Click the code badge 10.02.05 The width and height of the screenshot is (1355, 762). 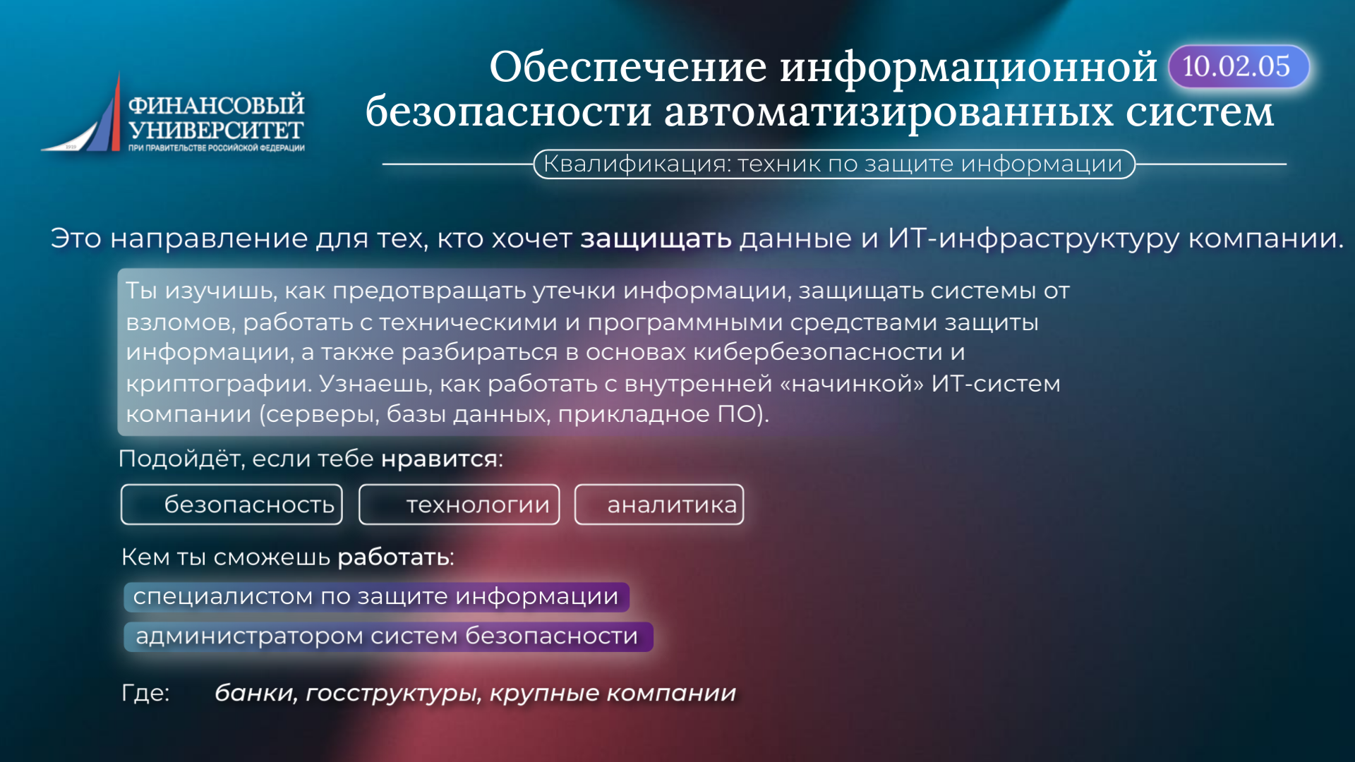pos(1239,67)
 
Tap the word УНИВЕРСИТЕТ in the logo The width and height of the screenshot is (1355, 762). pos(216,131)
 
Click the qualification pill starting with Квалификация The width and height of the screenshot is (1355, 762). pos(833,164)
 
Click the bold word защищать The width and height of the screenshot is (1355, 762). pos(656,239)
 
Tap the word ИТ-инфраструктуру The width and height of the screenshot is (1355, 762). pos(1033,238)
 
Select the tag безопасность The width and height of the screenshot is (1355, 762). pos(231,504)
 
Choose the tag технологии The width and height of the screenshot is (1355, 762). pos(459,504)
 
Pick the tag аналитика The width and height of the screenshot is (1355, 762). pos(659,504)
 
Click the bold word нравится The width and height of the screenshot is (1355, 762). pos(440,459)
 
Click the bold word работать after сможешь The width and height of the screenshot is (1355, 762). pos(393,557)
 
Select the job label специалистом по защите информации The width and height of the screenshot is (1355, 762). pos(376,597)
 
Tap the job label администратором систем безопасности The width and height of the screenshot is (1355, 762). pos(388,636)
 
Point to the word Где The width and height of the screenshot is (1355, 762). pos(143,693)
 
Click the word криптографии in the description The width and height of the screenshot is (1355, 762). pos(218,385)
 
